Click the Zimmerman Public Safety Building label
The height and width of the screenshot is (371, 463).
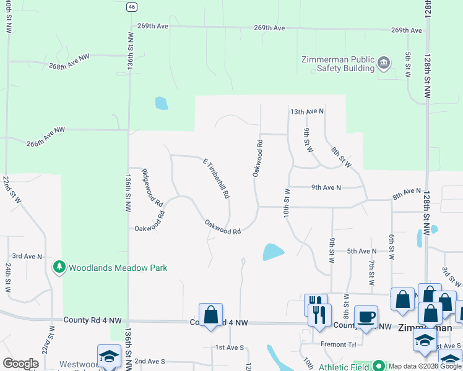tap(337, 64)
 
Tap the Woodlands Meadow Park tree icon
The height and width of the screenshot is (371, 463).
tap(59, 268)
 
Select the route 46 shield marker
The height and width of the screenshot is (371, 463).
tap(131, 6)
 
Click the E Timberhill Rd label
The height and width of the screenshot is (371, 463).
tap(217, 178)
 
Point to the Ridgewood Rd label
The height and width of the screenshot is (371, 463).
tap(152, 188)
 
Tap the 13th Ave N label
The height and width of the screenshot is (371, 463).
tap(307, 111)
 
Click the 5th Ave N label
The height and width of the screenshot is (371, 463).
tap(361, 251)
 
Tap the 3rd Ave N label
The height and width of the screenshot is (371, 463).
tap(27, 256)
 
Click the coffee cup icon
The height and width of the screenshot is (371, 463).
tap(366, 317)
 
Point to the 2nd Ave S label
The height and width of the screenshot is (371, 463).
tap(150, 360)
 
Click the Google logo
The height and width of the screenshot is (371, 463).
tap(20, 364)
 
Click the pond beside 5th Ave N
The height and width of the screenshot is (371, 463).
tap(273, 252)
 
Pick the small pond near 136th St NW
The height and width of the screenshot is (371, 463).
tap(161, 103)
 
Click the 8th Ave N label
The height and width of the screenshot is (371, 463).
tap(406, 195)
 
